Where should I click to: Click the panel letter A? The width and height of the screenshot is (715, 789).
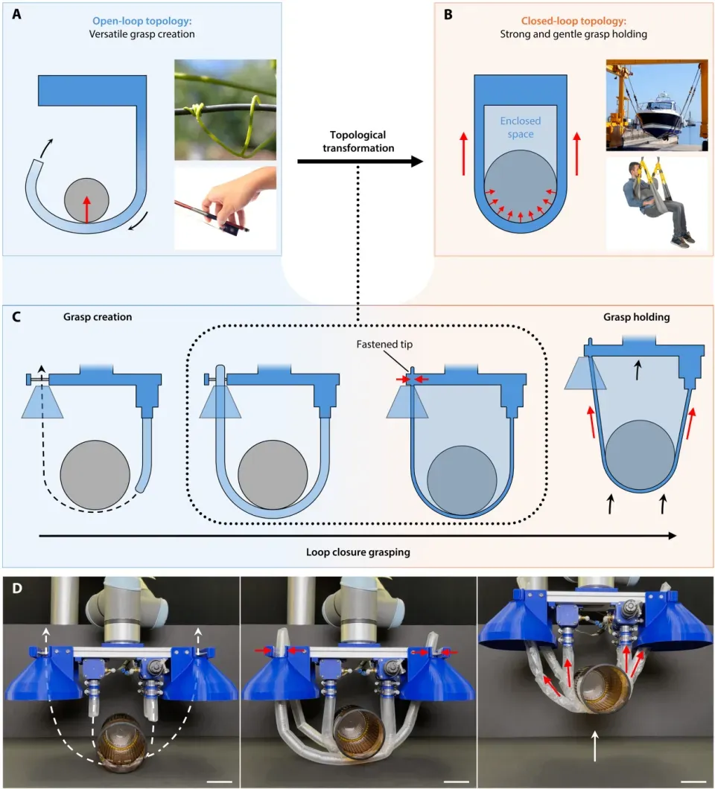(16, 14)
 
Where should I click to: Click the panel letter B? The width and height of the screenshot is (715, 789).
(448, 14)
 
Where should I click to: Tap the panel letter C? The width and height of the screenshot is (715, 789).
(16, 317)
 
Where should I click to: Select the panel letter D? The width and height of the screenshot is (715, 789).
(16, 588)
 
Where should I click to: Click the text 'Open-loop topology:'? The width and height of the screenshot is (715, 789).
(142, 21)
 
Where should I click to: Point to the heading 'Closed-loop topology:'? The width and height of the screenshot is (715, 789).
(573, 21)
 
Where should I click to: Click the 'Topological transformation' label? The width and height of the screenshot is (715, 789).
(358, 141)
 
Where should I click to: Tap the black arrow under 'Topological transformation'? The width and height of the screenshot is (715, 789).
(360, 162)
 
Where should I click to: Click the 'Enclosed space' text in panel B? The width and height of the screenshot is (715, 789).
(520, 127)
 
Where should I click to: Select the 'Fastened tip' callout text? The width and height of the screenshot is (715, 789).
(384, 344)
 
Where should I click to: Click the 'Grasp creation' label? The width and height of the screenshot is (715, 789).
(98, 317)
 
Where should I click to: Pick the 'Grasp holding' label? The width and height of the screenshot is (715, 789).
(637, 317)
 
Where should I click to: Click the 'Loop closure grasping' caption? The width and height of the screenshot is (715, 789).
(358, 552)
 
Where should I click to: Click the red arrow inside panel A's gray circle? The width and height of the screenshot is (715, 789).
(86, 209)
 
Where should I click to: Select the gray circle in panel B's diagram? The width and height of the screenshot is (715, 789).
(520, 187)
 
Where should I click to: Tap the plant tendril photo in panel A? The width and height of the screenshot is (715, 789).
(225, 109)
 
